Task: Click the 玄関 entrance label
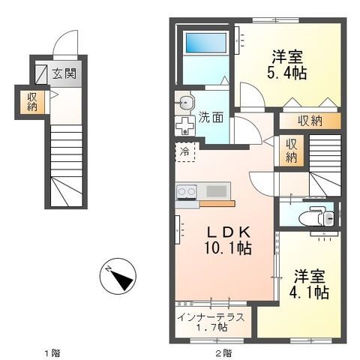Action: coord(64,74)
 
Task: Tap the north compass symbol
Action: coord(118,276)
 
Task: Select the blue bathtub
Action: coord(206,43)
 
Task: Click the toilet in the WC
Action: coord(316,216)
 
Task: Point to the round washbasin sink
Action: coord(186,103)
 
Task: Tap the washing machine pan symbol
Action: coord(184,126)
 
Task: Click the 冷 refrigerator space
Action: coord(184,151)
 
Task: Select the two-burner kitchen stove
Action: coord(186,192)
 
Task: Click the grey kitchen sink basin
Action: coord(217,191)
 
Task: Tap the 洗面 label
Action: coord(211,118)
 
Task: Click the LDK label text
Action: coord(229,233)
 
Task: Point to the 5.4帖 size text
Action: coord(287,73)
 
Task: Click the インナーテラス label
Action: coord(211,317)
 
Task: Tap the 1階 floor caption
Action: coord(52,353)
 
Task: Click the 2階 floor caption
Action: coord(223,353)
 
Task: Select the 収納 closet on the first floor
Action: coord(32,102)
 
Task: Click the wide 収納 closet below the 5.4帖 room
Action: coord(310,121)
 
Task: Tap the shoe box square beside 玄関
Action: coord(40,74)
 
